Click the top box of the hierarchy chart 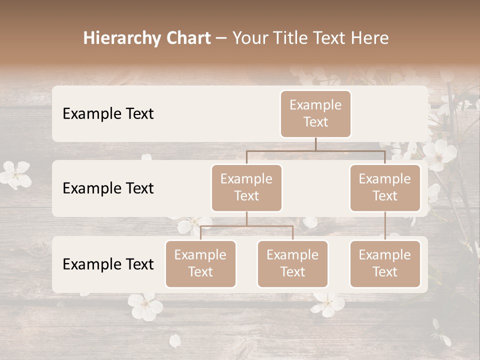(315, 113)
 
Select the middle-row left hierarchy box (246, 187)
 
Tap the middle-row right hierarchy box (385, 187)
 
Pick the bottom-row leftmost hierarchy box (200, 263)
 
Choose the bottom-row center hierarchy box (292, 263)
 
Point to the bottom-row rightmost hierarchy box (385, 263)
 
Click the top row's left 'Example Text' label (108, 114)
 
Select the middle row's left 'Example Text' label (108, 188)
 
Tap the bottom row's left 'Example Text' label (108, 264)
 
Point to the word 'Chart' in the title (186, 38)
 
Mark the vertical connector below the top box (315, 144)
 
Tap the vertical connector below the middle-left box (246, 218)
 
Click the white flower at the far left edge (15, 174)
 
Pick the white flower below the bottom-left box (144, 305)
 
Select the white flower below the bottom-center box (327, 303)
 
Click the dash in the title (221, 38)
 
